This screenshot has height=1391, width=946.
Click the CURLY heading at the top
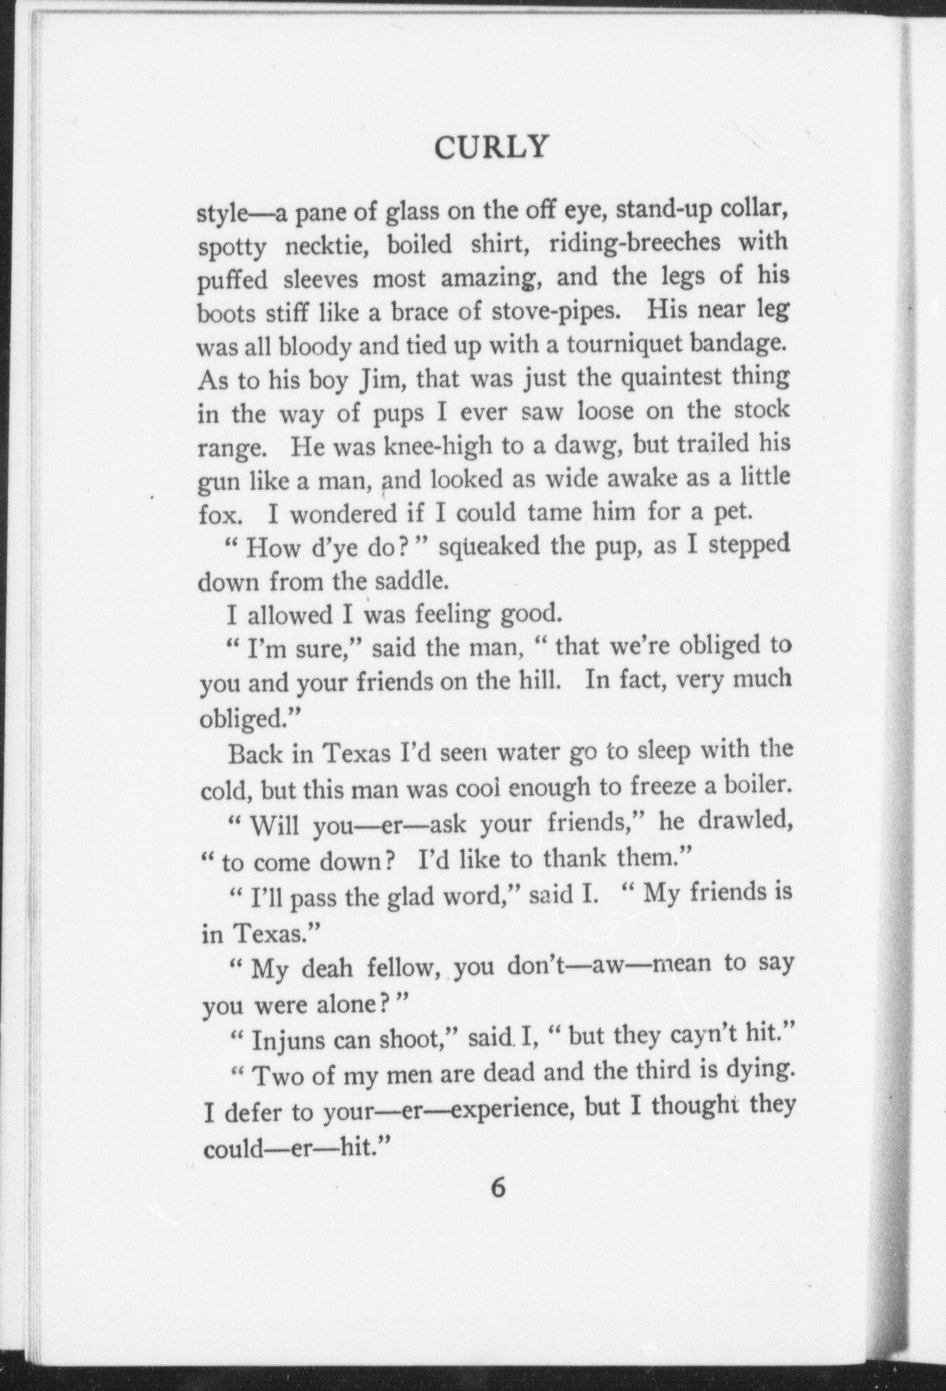point(491,147)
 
